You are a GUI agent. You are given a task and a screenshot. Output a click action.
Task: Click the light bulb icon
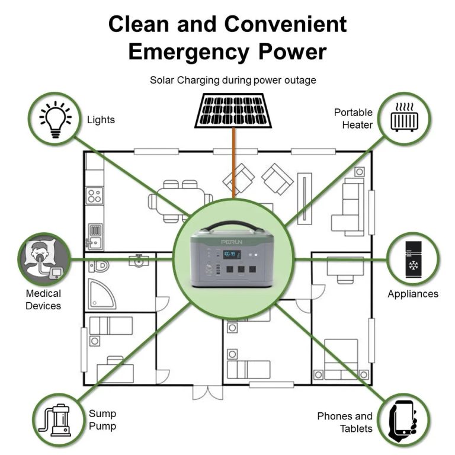click(x=56, y=119)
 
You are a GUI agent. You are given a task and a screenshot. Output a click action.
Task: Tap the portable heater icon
click(x=405, y=117)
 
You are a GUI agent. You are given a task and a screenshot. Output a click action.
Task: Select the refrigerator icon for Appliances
click(x=413, y=259)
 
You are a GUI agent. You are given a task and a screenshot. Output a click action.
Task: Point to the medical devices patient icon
click(x=44, y=258)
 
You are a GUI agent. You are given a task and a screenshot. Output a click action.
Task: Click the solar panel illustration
click(x=233, y=111)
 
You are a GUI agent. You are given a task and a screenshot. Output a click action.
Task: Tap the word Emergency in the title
click(x=188, y=52)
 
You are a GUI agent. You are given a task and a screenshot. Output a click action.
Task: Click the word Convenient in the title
click(x=286, y=24)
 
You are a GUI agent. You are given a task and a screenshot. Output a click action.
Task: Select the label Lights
click(x=101, y=120)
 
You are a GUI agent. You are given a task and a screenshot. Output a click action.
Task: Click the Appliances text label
click(x=413, y=294)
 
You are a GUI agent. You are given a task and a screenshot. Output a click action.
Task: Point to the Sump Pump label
click(x=102, y=419)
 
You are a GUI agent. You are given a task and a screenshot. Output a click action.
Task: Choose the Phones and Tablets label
click(x=345, y=422)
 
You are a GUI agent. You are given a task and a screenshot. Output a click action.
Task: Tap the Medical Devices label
click(x=43, y=299)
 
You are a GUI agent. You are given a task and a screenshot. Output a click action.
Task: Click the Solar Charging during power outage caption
click(x=233, y=80)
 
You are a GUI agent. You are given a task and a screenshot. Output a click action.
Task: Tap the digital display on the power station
click(x=232, y=255)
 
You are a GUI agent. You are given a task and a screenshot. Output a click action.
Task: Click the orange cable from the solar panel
click(x=233, y=163)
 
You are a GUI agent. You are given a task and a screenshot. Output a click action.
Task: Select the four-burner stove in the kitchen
click(x=95, y=196)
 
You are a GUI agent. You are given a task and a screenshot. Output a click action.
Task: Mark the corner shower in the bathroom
click(x=101, y=294)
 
